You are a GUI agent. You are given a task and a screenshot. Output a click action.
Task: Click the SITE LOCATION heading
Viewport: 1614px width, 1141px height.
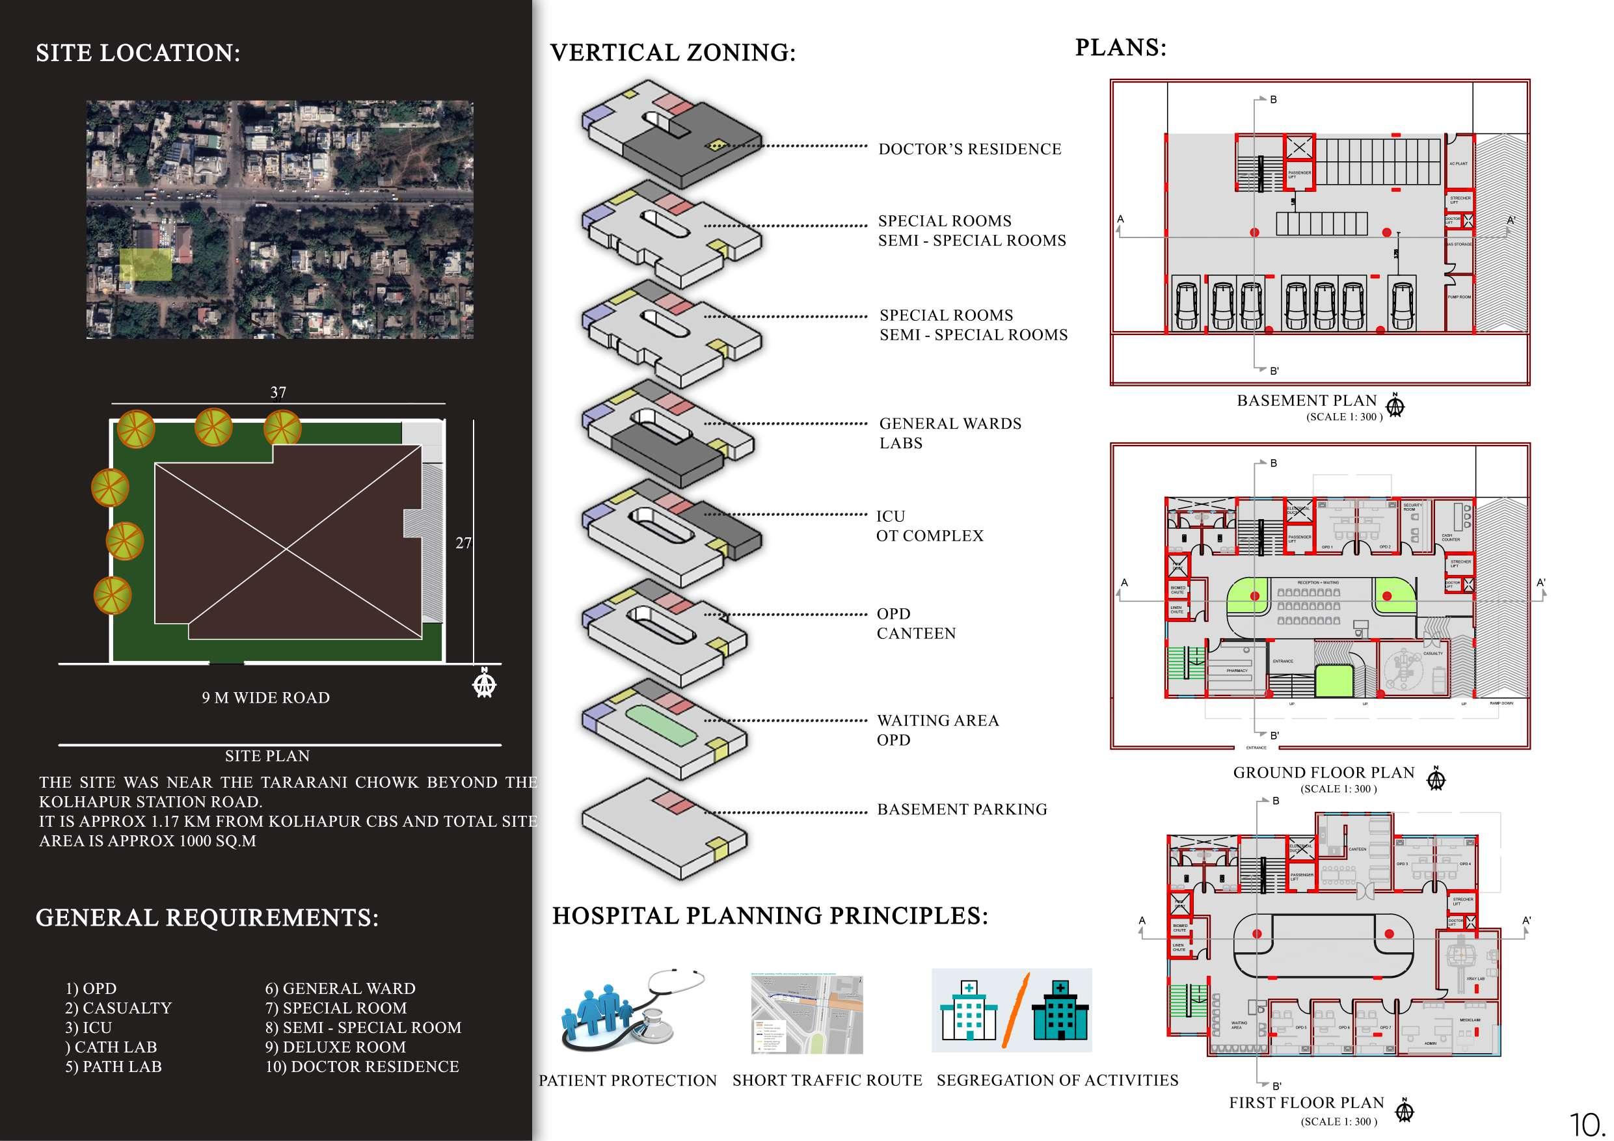tap(138, 53)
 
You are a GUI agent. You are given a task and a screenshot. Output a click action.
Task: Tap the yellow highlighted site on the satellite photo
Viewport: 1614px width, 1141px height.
tap(146, 264)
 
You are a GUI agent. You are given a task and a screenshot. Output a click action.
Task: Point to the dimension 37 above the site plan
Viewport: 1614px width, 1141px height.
tap(278, 392)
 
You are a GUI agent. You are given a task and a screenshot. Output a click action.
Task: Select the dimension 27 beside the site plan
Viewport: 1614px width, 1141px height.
tap(463, 543)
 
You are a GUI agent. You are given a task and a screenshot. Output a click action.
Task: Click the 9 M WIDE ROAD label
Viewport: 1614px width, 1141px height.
tap(265, 697)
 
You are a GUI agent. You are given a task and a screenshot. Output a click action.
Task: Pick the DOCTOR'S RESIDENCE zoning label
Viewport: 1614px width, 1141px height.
tap(969, 149)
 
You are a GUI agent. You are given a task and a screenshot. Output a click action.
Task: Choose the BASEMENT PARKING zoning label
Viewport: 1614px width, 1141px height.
tap(962, 809)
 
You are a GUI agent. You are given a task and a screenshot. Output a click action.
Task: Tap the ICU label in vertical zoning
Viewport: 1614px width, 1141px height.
tap(890, 516)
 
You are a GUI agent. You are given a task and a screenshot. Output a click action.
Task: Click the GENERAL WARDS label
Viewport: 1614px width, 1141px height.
tap(950, 423)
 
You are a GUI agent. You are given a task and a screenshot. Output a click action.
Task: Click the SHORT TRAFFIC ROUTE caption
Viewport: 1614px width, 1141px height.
tap(827, 1080)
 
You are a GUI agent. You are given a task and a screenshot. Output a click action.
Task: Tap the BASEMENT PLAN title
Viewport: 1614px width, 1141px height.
tap(1306, 401)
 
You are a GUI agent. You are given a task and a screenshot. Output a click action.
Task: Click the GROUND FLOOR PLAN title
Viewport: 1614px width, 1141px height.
tap(1323, 773)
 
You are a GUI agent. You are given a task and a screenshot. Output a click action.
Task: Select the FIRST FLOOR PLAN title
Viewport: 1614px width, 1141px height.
tap(1306, 1103)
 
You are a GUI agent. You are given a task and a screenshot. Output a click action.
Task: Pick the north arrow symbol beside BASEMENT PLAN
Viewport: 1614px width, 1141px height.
tap(1395, 406)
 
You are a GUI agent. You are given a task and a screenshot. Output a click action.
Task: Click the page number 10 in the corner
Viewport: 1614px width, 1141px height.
tap(1587, 1124)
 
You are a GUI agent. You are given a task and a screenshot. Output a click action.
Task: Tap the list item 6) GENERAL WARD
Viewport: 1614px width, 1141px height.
tap(340, 988)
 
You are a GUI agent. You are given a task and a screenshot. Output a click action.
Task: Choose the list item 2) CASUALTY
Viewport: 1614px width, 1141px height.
tap(118, 1008)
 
